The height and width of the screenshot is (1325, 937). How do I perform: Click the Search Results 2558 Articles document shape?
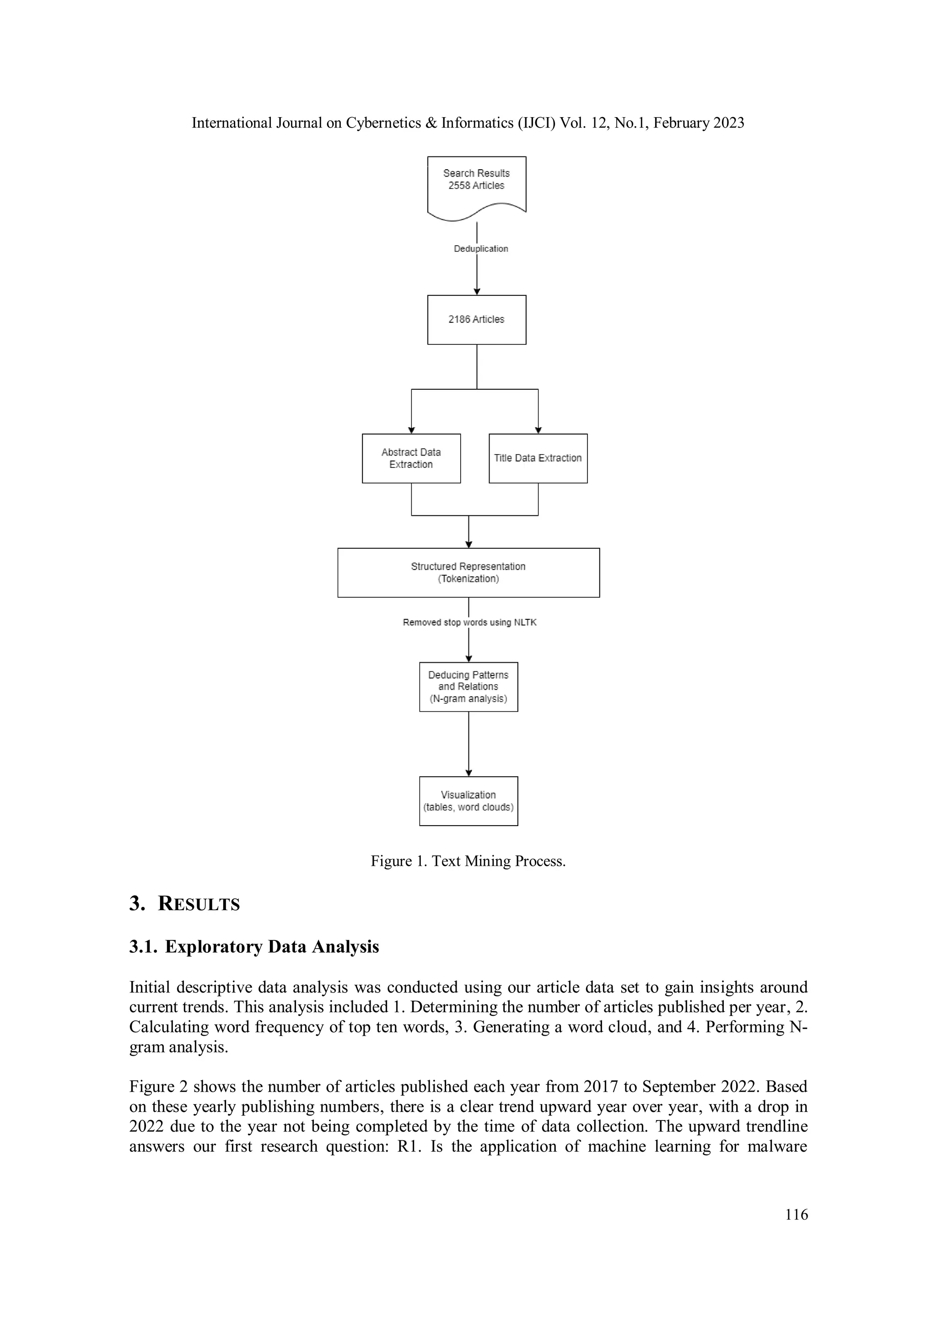pyautogui.click(x=476, y=185)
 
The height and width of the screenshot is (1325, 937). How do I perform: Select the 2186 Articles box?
pyautogui.click(x=476, y=320)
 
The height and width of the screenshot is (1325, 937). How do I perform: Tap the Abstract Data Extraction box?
pyautogui.click(x=411, y=458)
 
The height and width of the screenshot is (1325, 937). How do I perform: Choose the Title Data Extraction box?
pyautogui.click(x=538, y=458)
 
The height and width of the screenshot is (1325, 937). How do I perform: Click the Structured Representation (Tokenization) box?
pyautogui.click(x=468, y=573)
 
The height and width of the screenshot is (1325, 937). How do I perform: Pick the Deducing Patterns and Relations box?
pyautogui.click(x=468, y=687)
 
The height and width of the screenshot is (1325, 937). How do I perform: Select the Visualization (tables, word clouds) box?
pyautogui.click(x=468, y=801)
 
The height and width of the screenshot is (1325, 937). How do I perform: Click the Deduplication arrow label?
pyautogui.click(x=480, y=249)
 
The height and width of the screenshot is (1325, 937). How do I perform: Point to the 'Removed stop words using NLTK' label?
pyautogui.click(x=469, y=622)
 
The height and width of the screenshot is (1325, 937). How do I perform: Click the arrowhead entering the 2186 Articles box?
pyautogui.click(x=477, y=291)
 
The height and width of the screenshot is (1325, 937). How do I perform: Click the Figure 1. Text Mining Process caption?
pyautogui.click(x=468, y=861)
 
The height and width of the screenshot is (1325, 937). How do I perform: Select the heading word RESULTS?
pyautogui.click(x=199, y=904)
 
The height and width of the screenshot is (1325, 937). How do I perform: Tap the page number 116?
pyautogui.click(x=796, y=1214)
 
